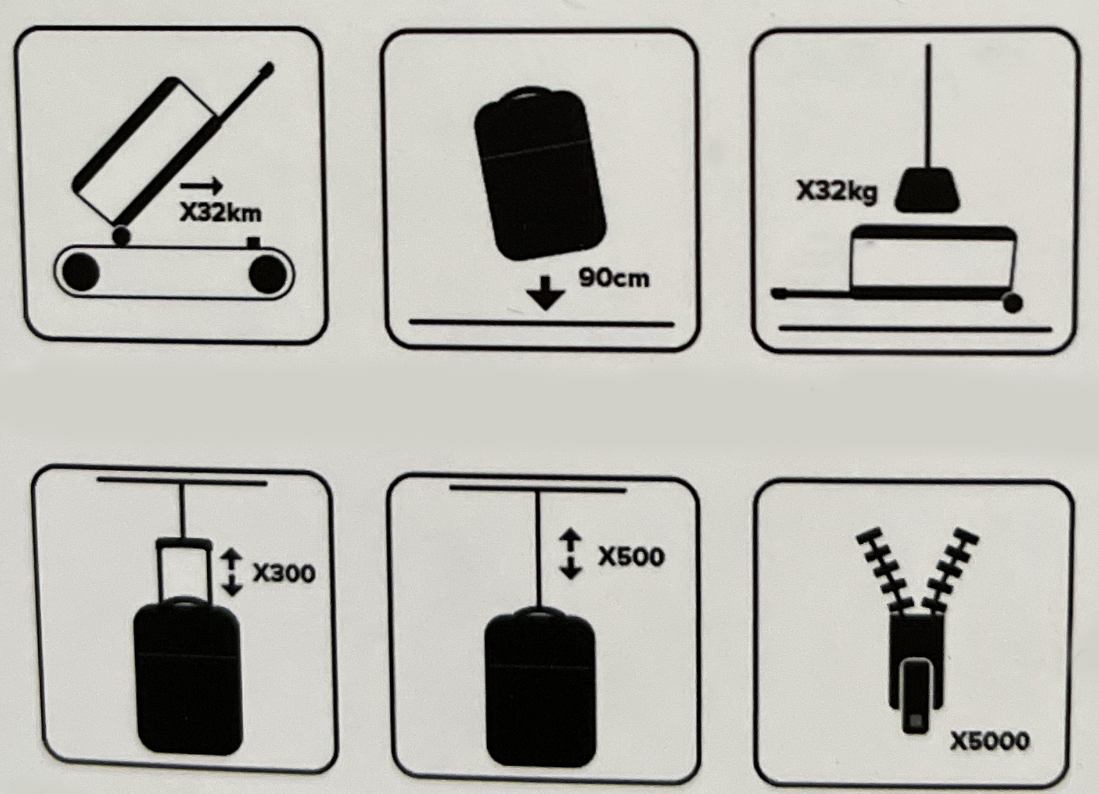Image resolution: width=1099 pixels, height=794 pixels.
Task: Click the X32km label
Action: tap(221, 213)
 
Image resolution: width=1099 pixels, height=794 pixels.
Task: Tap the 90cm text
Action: tap(614, 278)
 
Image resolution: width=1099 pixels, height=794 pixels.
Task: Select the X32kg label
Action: tap(836, 192)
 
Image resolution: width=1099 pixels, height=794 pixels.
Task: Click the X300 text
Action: tap(284, 573)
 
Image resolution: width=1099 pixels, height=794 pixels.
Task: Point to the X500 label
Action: tap(631, 556)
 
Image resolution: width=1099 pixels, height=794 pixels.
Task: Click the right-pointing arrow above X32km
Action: tap(202, 186)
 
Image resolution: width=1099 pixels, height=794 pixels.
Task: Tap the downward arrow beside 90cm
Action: tap(545, 293)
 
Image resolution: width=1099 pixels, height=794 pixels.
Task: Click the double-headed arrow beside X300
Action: tap(231, 572)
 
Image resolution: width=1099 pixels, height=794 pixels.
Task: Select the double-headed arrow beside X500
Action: tap(570, 554)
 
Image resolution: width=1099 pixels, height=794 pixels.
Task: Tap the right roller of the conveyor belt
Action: tap(267, 274)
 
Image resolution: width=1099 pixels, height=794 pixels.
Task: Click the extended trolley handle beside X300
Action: tap(184, 569)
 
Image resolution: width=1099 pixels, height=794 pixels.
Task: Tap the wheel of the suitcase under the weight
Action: tap(1012, 303)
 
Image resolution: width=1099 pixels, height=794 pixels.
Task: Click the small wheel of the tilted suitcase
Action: tap(121, 236)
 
